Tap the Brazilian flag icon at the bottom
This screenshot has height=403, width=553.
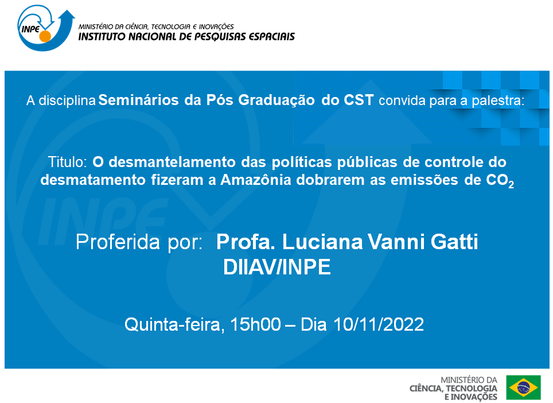click(523, 387)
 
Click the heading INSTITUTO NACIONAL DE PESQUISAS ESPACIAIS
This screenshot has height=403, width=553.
click(186, 37)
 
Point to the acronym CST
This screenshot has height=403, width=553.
click(360, 101)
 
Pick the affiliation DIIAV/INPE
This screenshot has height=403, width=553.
click(277, 268)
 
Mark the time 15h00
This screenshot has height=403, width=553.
click(256, 324)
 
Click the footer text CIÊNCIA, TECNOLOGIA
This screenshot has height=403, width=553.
click(454, 389)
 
